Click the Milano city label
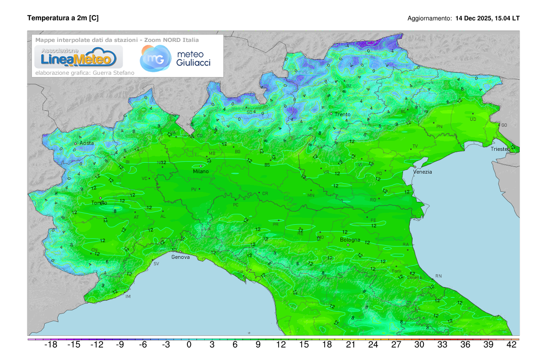coord(201,171)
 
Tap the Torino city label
coord(99,203)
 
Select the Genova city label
coord(180,257)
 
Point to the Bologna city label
coord(350,240)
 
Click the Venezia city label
coord(422,172)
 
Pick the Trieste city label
coord(500,149)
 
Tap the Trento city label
coord(342,114)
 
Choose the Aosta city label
coord(87,143)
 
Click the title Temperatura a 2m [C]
coord(63,18)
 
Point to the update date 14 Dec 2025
coord(475,19)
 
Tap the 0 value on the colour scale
coord(189,345)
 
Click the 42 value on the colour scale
coord(511,345)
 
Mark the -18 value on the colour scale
coord(50,345)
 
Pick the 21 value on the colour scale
coord(350,345)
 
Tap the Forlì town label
coord(396,271)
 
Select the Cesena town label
coord(414,277)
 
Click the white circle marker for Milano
coord(201,166)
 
